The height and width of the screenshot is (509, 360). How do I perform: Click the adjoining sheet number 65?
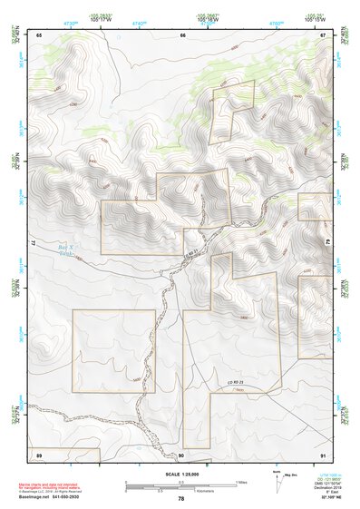click(x=39, y=34)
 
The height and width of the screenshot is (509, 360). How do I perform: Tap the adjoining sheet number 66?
click(x=182, y=34)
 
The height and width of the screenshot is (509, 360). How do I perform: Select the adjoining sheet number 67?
click(x=322, y=34)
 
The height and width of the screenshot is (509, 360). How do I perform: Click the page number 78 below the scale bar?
click(x=181, y=499)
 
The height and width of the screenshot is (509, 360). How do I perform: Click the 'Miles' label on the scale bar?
click(x=240, y=482)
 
